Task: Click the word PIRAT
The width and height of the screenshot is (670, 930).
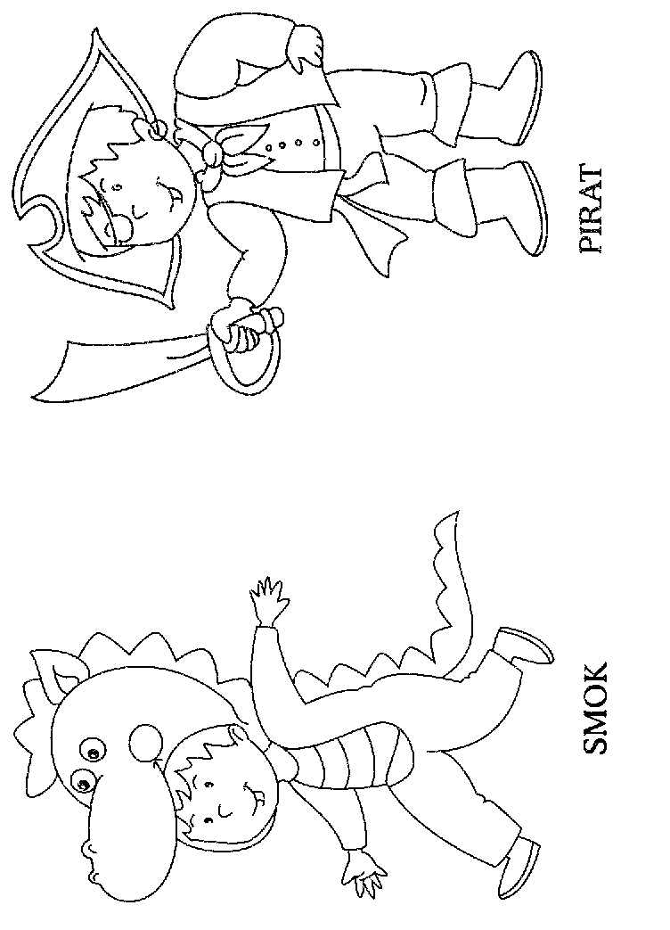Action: (x=592, y=210)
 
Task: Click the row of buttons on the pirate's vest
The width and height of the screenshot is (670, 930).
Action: (x=290, y=144)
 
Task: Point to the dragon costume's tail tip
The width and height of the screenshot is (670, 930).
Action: (x=450, y=522)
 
